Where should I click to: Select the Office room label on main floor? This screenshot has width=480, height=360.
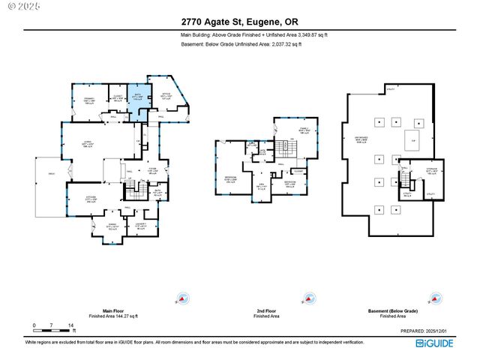point(166,95)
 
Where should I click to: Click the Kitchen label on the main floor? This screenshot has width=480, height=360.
point(90,198)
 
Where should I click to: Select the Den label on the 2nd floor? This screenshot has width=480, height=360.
point(262,186)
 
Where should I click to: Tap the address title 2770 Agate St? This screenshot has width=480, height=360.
point(240,22)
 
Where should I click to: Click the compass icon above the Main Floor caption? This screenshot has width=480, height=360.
point(180,299)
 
